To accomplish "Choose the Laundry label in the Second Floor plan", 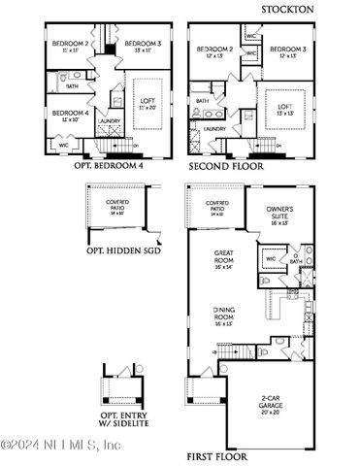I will pyautogui.click(x=215, y=128).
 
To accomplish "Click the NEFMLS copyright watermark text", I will pyautogui.click(x=60, y=446).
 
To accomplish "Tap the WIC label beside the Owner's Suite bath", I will pyautogui.click(x=270, y=259).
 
